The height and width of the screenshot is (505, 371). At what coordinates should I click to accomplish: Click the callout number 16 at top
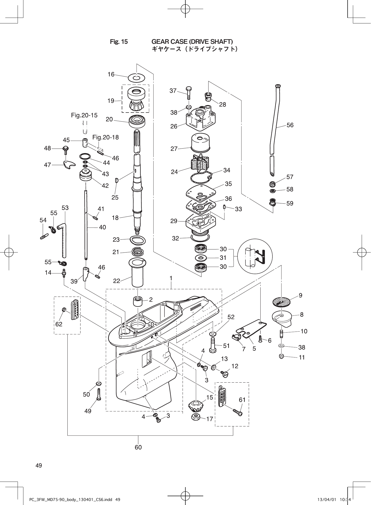tap(111, 74)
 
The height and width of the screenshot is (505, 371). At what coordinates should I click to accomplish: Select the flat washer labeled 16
tap(137, 78)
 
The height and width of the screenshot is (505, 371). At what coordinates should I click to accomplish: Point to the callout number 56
tap(290, 125)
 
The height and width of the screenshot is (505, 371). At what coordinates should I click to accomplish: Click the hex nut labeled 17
tap(196, 417)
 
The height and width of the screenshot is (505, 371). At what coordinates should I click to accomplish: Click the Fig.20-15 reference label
tap(84, 115)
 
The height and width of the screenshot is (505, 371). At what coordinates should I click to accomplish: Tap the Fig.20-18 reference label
tap(105, 137)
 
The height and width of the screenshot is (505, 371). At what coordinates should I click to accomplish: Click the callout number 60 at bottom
tap(138, 447)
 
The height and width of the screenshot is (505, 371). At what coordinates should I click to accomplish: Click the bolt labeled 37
tap(189, 93)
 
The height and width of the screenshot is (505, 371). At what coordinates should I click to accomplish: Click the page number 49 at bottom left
tap(39, 465)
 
